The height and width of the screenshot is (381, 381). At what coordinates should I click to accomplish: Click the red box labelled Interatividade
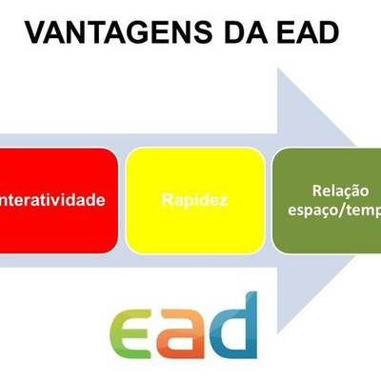point(57,201)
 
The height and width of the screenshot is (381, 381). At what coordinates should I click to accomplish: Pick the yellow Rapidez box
point(195,201)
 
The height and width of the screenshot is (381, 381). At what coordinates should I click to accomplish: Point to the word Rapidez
point(195,202)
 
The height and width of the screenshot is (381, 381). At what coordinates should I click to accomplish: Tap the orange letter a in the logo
point(186,329)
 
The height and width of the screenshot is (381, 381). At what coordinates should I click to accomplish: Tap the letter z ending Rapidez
point(224,202)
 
